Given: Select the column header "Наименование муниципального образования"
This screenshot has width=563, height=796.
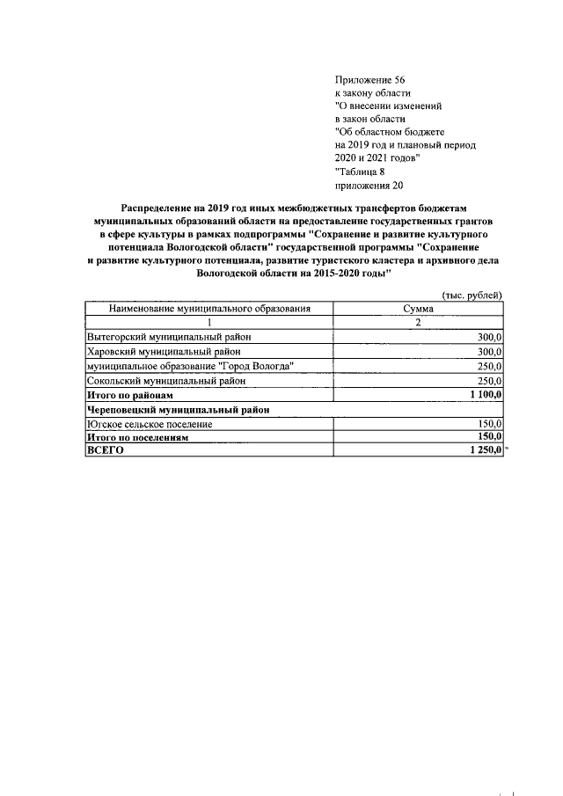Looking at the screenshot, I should point(209,310).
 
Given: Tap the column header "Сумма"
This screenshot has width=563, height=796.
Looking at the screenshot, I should point(418,310).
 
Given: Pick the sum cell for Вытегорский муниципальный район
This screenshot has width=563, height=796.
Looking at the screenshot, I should point(489,338).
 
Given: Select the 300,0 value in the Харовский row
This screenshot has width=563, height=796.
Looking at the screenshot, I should point(489,352).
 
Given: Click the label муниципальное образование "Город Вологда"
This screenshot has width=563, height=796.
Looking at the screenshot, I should point(190,366).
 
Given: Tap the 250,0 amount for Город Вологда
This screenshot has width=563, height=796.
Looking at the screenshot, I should point(489,366).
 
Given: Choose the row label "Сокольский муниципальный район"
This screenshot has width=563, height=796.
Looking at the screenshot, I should point(165,381).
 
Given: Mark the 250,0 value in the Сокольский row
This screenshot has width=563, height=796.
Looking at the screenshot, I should point(489,381).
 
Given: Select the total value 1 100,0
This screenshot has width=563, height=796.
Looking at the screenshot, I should point(486,395).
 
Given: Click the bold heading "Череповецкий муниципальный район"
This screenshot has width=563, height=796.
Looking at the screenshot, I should point(177,409).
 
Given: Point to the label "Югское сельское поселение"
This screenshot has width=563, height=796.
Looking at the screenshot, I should point(149,423).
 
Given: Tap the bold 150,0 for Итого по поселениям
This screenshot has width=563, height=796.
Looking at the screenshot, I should point(489,436).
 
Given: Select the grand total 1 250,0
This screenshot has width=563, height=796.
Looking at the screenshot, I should point(486,449).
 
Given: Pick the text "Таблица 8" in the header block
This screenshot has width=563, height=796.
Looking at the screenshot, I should point(361,172).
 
